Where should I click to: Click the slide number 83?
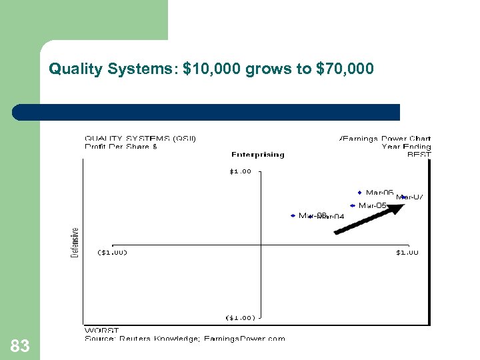click(x=20, y=346)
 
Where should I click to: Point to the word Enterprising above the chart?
click(x=258, y=155)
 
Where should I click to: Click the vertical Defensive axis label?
click(x=75, y=242)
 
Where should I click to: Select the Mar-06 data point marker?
click(x=360, y=193)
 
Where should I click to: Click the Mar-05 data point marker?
click(x=352, y=205)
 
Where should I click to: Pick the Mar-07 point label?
click(x=410, y=197)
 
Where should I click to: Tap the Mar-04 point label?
click(x=330, y=216)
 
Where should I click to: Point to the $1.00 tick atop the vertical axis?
click(x=241, y=171)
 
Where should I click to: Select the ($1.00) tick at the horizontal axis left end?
click(x=113, y=252)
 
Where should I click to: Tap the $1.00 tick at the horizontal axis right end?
click(x=407, y=252)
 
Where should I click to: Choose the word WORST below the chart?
click(x=101, y=330)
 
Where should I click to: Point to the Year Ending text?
click(x=406, y=147)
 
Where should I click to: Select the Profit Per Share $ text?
click(x=121, y=147)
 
